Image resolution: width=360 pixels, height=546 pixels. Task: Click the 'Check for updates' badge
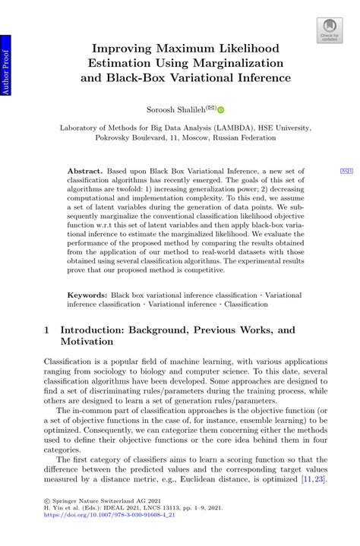tap(329, 30)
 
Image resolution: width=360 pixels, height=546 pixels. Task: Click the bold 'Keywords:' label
tap(87, 293)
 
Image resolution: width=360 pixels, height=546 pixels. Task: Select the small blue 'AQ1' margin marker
tap(346, 172)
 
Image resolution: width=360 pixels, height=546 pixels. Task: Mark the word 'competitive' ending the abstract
tap(203, 270)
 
